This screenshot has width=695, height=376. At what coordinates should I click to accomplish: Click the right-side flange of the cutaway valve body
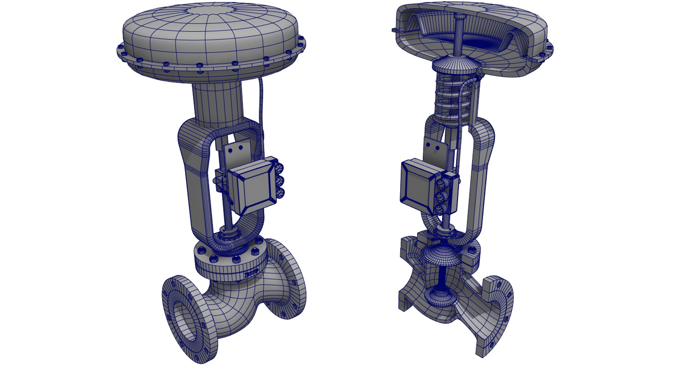pos(501,312)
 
